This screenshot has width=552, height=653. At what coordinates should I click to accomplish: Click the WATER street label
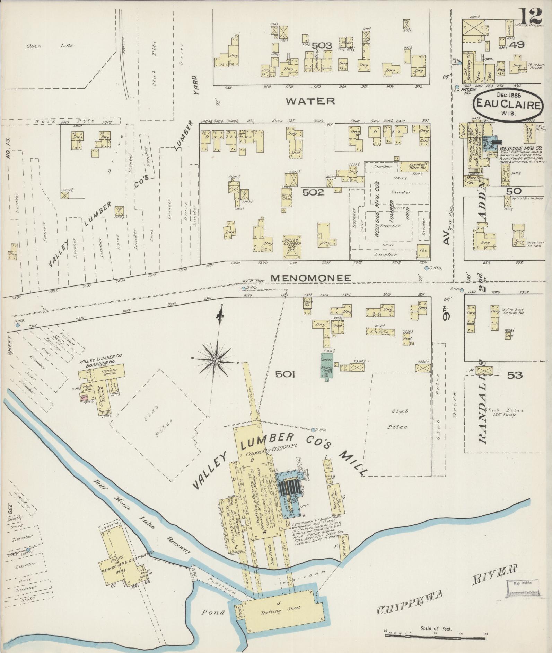(x=310, y=101)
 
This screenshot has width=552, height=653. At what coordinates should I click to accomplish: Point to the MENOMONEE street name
(x=311, y=278)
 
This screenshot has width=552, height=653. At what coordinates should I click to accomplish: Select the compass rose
(x=215, y=361)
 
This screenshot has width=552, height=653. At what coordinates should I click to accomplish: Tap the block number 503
(x=322, y=45)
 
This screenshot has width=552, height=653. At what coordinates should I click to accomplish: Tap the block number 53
(x=514, y=375)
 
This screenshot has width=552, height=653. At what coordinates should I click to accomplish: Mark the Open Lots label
(x=50, y=46)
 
